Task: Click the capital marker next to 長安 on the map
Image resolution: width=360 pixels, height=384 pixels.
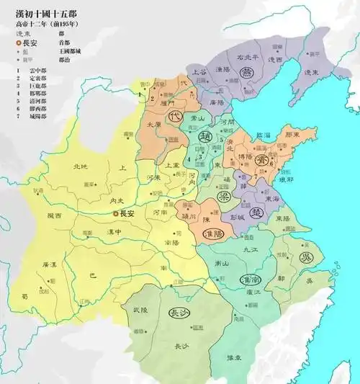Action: [x=114, y=214]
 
